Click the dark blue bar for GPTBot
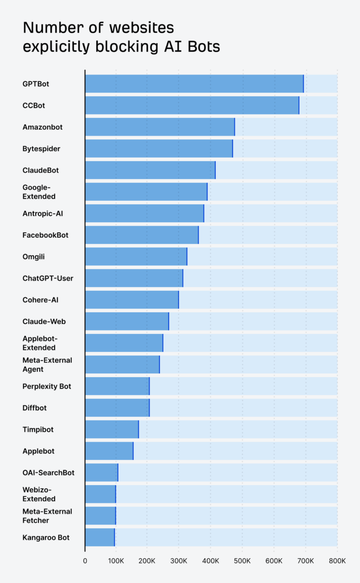[x=194, y=83]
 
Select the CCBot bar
[x=192, y=105]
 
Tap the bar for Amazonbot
[x=159, y=127]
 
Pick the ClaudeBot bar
[x=150, y=170]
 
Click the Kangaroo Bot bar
[x=99, y=537]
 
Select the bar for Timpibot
[x=112, y=429]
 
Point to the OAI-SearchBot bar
[x=101, y=472]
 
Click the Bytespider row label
[x=41, y=149]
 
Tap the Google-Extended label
[x=39, y=192]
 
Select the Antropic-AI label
[x=43, y=213]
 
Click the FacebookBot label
[x=45, y=235]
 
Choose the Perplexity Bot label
[x=47, y=386]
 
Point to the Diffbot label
[x=35, y=408]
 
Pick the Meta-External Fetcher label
[x=47, y=516]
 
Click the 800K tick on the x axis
[x=337, y=561]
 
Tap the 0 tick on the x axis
[x=85, y=561]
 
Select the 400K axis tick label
[x=210, y=561]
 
